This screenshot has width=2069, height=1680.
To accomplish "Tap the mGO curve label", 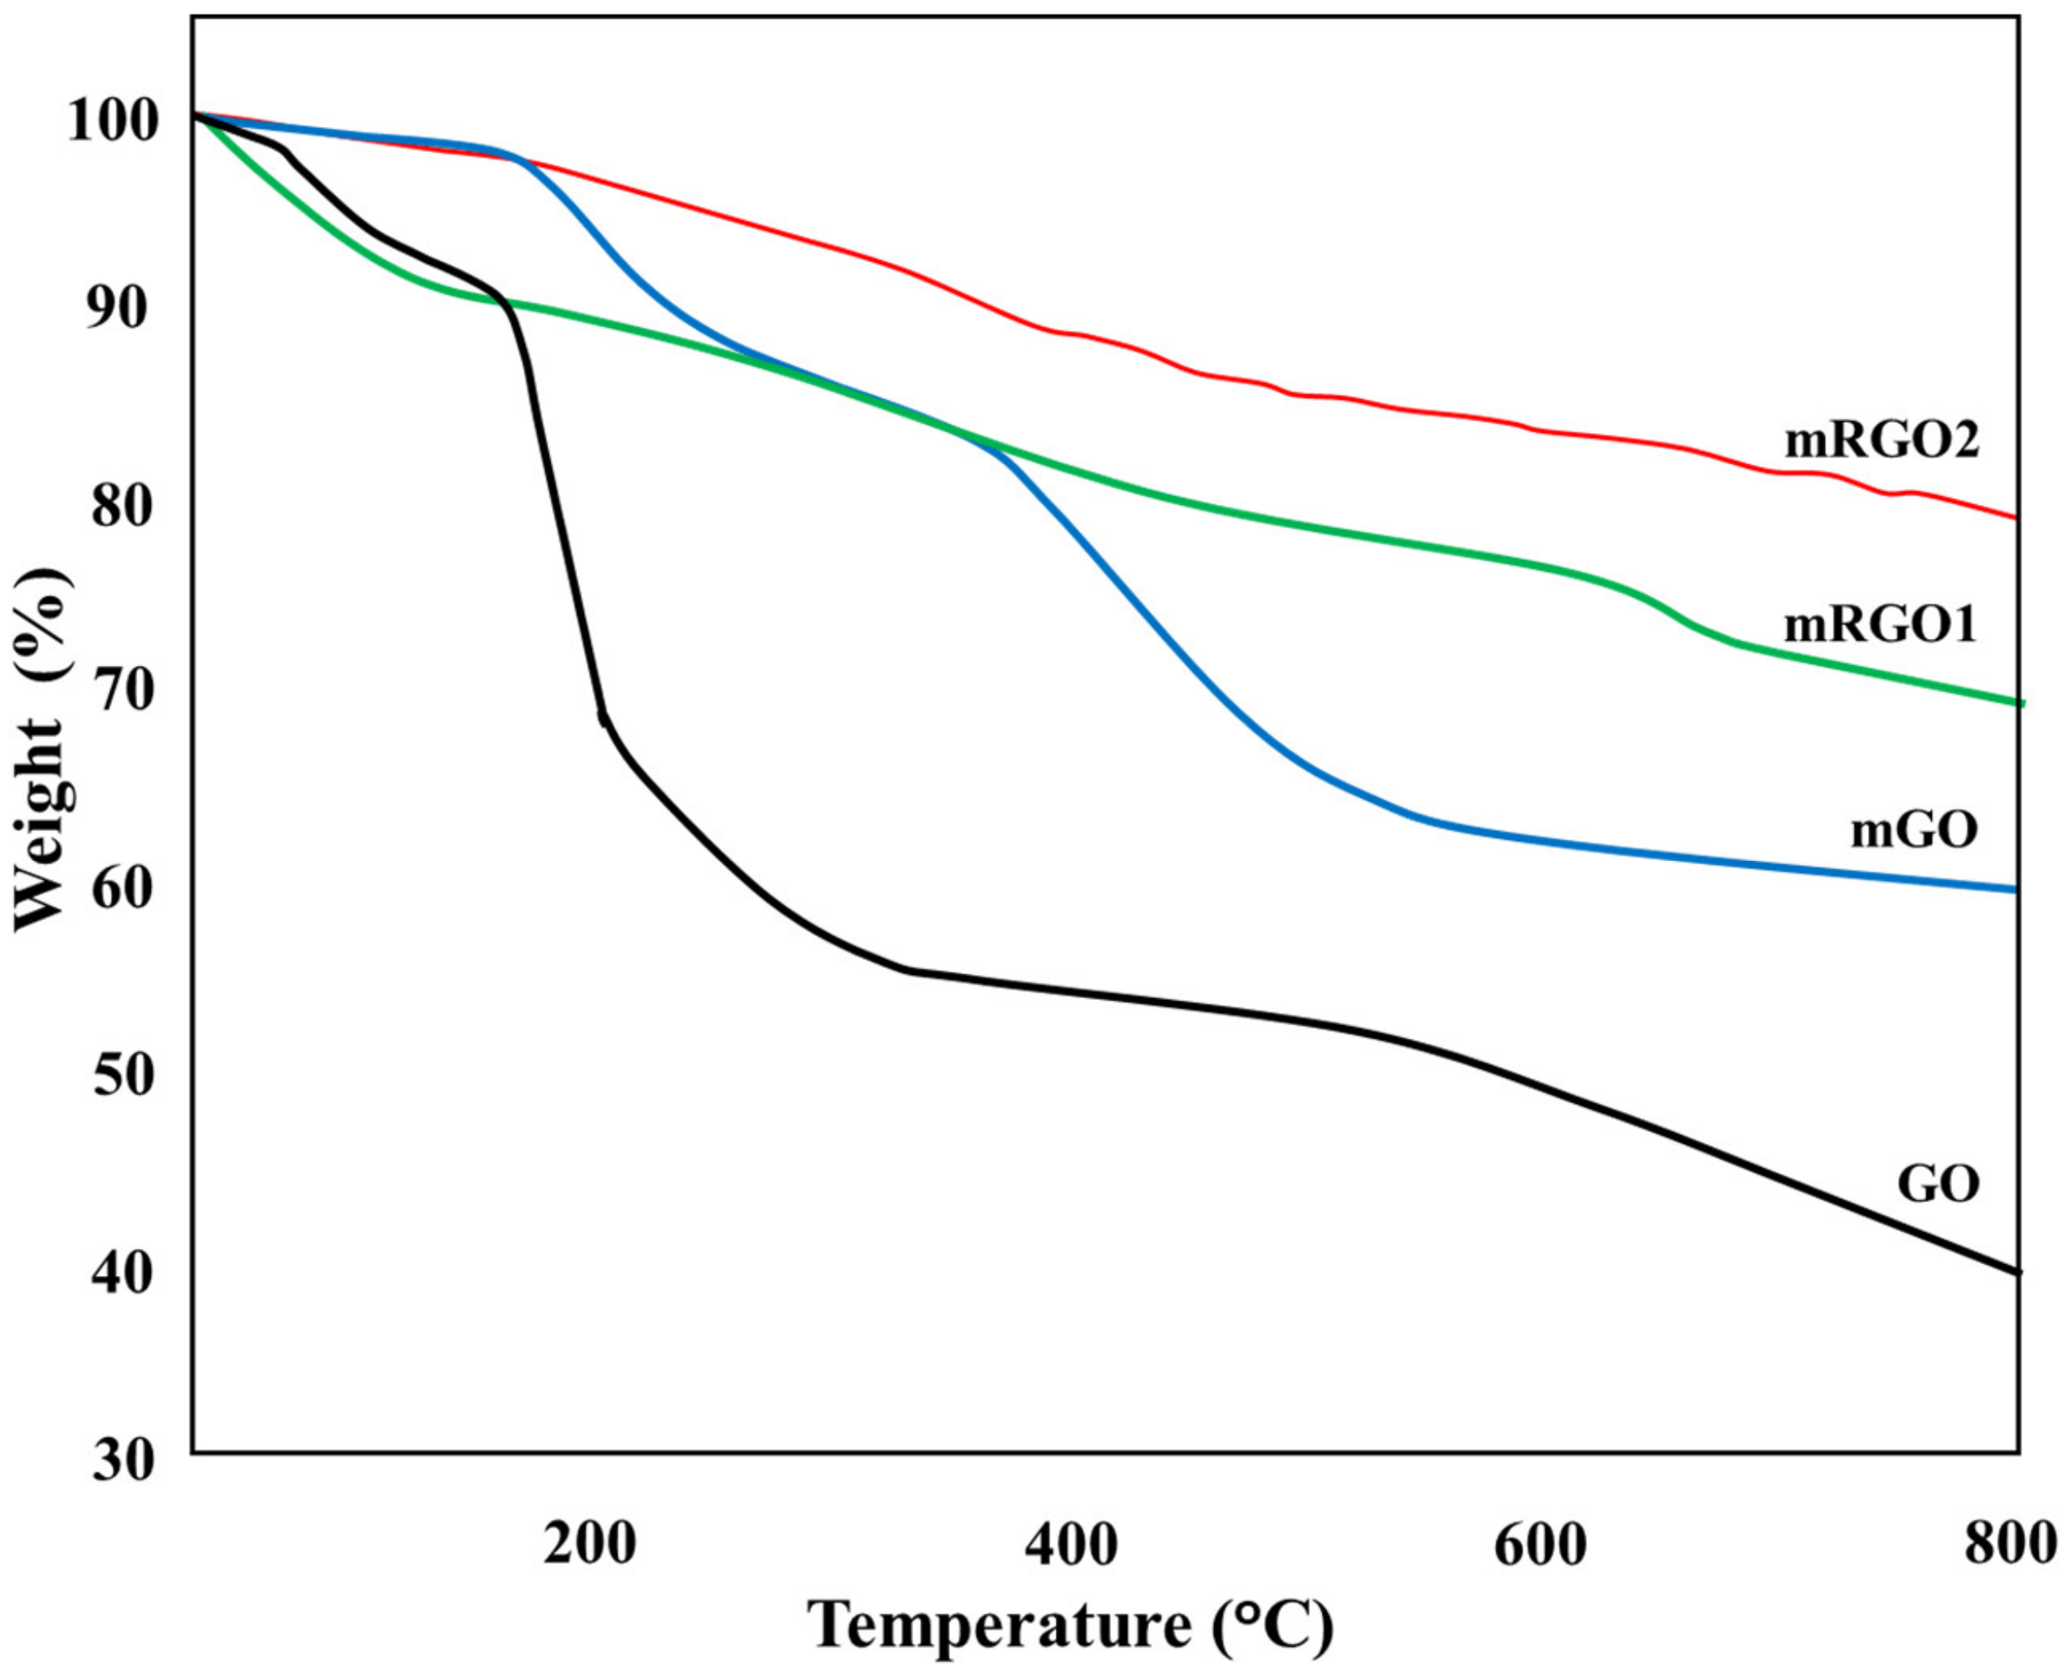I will click(x=1914, y=830).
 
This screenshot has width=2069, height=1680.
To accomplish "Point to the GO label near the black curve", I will click(x=1938, y=1184).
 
